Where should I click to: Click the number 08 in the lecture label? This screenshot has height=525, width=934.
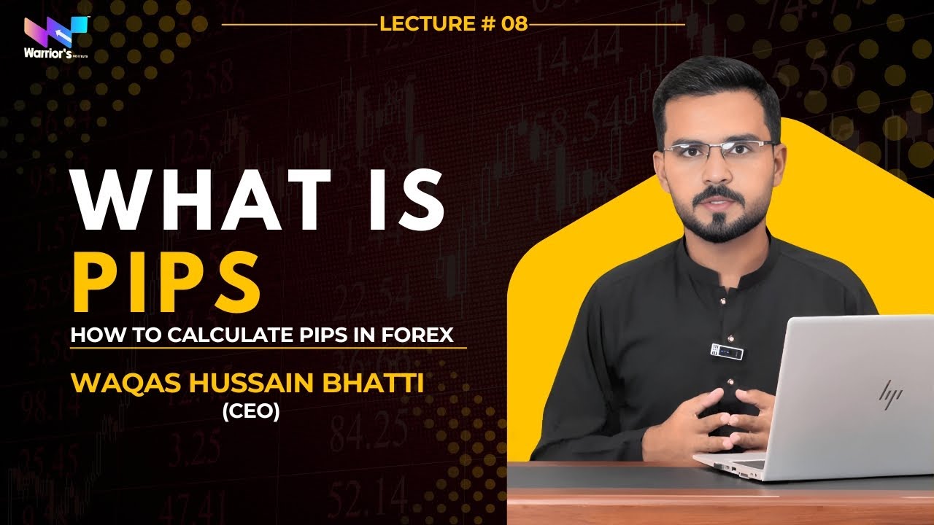click(x=514, y=23)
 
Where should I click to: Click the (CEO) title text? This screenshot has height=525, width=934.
click(x=251, y=412)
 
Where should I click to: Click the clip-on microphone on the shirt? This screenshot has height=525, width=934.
click(x=726, y=352)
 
